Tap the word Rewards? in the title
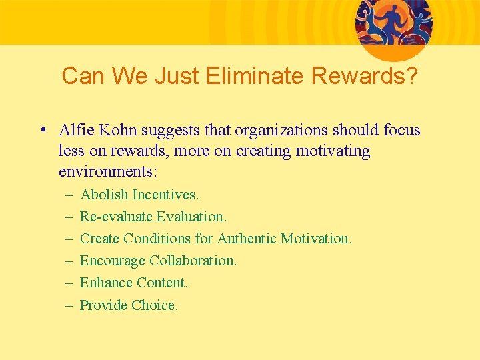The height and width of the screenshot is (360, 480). tap(365, 77)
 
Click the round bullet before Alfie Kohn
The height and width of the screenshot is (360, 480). tap(42, 130)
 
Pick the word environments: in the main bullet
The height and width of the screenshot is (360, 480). tap(108, 171)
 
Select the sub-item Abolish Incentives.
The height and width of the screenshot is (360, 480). tap(139, 195)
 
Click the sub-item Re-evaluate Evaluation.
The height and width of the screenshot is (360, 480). tap(153, 217)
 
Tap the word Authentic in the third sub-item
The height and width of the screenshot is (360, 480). tap(247, 239)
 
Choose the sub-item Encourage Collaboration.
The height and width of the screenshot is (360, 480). tap(158, 261)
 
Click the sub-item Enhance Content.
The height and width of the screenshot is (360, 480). tap(134, 283)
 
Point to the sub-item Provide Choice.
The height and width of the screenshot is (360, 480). tap(129, 305)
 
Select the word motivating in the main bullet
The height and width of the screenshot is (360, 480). tap(335, 151)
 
